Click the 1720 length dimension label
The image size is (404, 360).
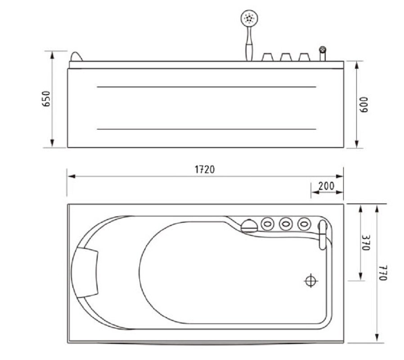205,170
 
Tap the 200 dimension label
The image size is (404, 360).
326,186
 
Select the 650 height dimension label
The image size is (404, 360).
47,99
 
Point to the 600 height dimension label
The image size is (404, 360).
364,104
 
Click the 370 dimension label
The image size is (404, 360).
366,243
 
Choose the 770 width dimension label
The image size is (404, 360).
383,273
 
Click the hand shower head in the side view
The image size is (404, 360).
249,18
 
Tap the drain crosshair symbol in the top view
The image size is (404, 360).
311,281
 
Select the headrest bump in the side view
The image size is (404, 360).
76,57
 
